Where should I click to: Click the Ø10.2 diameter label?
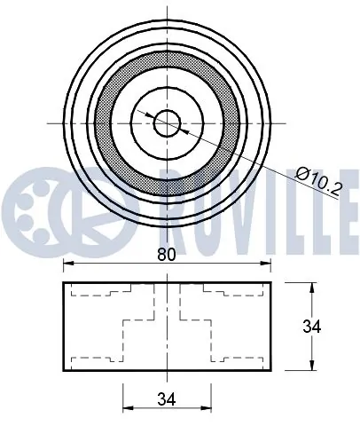[319, 181]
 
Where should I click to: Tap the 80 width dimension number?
[167, 255]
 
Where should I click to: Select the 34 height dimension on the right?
[311, 327]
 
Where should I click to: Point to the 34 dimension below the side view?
[167, 399]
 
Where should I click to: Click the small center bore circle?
[168, 123]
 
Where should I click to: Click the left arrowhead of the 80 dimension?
[68, 263]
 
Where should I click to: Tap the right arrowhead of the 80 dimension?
[266, 263]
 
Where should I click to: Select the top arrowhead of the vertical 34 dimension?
[312, 288]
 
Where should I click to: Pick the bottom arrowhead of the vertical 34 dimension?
[312, 365]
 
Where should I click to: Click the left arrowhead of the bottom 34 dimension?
[128, 408]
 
